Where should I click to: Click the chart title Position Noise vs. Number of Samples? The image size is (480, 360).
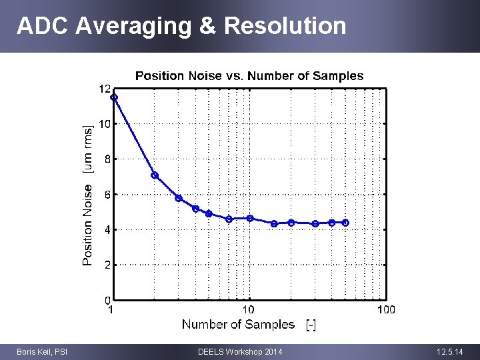point(249,76)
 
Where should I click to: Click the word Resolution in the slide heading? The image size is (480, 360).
point(285,25)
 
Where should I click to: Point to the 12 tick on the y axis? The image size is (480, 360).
point(105,89)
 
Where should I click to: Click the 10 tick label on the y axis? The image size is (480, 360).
point(105,124)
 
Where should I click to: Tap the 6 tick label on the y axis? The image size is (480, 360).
point(107,194)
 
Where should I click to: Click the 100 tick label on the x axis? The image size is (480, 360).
point(385,309)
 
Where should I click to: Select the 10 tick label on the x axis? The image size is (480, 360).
point(248,309)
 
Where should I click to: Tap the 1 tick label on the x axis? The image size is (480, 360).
point(111,309)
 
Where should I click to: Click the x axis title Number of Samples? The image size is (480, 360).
point(238,325)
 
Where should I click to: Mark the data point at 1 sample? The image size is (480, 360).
point(114,97)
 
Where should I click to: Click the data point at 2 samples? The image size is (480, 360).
point(155,175)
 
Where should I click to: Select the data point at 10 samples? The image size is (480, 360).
point(250,218)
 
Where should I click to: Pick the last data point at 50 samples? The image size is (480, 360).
point(345,223)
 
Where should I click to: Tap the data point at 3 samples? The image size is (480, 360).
point(179,198)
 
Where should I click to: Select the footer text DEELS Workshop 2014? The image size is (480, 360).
point(240,351)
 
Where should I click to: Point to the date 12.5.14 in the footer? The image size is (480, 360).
point(451,351)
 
